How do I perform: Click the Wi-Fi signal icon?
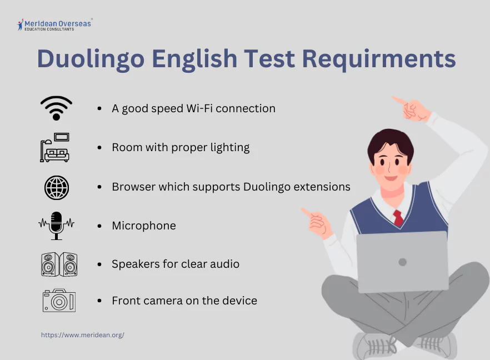(56, 108)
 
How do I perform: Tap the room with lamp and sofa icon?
(54, 147)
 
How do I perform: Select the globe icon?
(56, 187)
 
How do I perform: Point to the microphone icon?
(56, 224)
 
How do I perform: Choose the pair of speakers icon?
(59, 264)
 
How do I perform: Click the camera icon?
(59, 301)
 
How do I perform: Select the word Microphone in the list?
(144, 226)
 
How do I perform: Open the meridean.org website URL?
(83, 335)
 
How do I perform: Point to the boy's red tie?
(398, 217)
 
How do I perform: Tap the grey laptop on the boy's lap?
(402, 262)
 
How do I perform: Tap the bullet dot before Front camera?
(99, 301)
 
